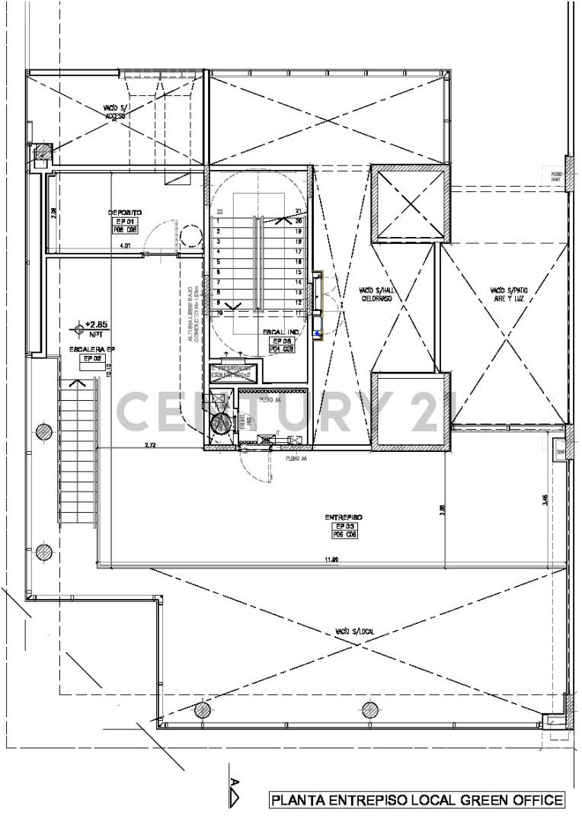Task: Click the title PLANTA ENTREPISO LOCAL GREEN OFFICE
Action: (417, 800)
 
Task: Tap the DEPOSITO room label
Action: (124, 213)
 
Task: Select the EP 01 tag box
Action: (124, 222)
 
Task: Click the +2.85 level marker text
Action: (97, 325)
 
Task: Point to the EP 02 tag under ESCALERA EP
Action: (92, 358)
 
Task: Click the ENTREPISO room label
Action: (343, 517)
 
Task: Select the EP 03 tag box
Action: (344, 527)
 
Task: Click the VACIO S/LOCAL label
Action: (353, 632)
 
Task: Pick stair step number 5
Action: (219, 261)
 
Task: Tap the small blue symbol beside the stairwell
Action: (320, 331)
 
